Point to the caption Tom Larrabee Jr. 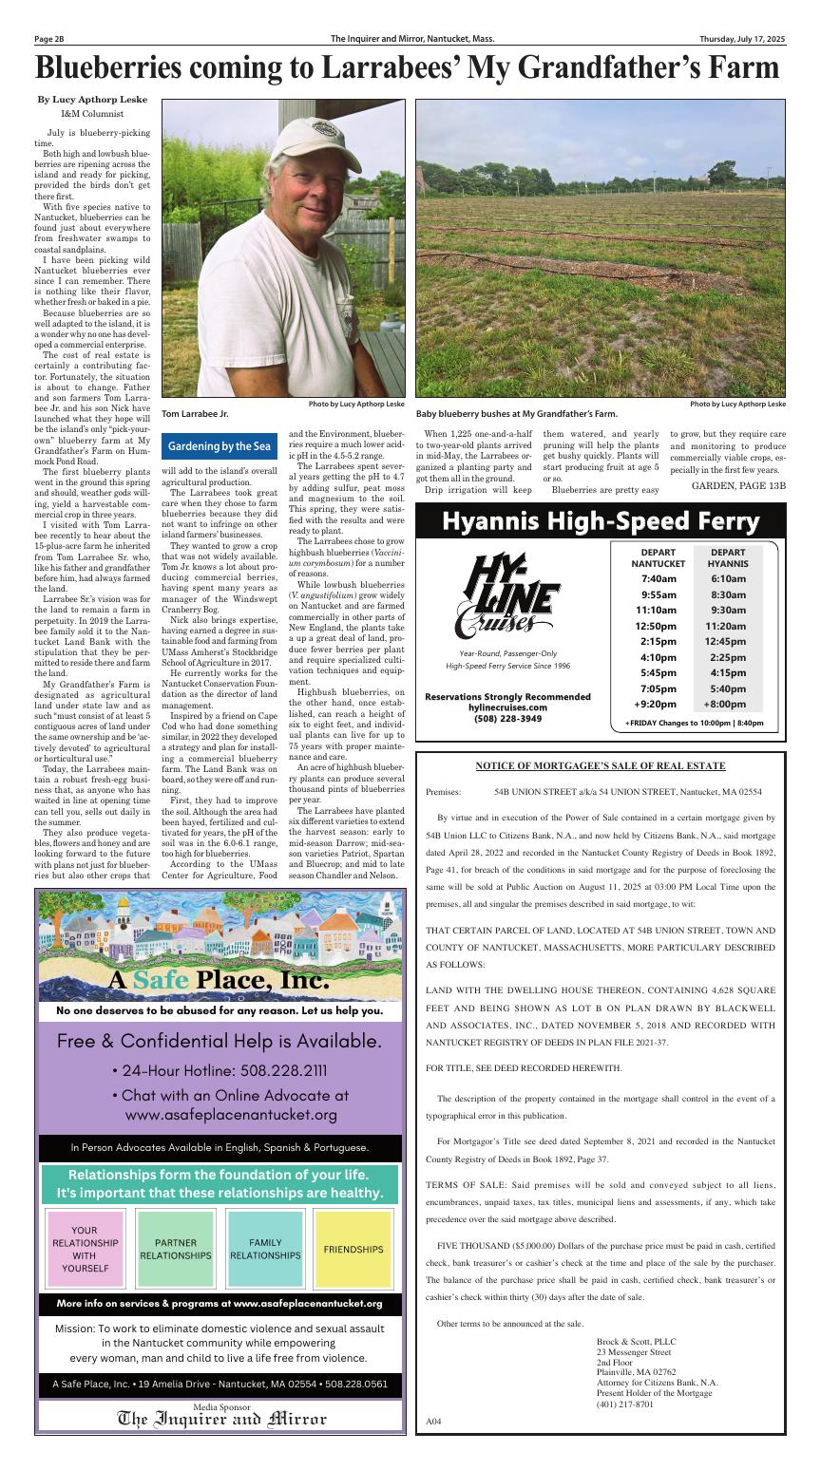pos(195,413)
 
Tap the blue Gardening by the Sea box pos(220,445)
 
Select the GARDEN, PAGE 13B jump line pos(738,485)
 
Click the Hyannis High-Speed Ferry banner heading pos(601,521)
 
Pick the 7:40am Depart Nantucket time pos(658,578)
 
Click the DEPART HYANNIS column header pos(727,557)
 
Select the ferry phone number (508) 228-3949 pos(508,719)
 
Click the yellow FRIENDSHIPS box pos(353,1250)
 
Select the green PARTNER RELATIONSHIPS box pos(176,1249)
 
